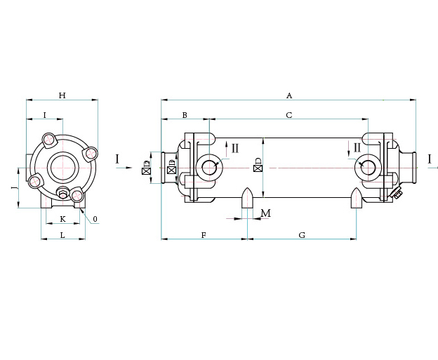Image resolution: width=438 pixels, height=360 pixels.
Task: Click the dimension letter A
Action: coord(288,95)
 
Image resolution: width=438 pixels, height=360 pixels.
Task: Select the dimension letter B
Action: coord(185,114)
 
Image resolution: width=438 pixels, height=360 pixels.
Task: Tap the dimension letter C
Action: coord(288,114)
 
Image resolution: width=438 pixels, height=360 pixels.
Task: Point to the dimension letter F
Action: coord(204,235)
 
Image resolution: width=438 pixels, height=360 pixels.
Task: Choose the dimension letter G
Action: coord(302,235)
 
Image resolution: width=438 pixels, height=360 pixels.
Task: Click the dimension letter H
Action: coord(62,95)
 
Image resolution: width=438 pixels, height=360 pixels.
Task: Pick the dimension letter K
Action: coord(62,219)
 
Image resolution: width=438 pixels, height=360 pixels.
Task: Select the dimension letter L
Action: coord(62,235)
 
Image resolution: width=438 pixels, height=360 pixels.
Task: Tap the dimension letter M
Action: coord(265,213)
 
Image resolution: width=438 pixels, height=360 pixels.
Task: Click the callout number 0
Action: coord(95,219)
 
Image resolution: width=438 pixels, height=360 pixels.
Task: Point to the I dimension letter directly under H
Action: coord(44,114)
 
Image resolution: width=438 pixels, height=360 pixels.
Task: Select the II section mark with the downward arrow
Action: coord(357,148)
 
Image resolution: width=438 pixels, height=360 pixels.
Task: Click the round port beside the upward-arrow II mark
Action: coord(208,167)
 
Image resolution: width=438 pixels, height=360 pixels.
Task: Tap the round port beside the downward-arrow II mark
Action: coord(367,167)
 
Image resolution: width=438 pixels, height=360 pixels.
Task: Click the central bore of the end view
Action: coord(62,167)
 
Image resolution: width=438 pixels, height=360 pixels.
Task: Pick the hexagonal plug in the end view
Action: coord(62,194)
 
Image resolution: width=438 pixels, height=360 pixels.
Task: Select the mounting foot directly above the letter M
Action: coord(246,198)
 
